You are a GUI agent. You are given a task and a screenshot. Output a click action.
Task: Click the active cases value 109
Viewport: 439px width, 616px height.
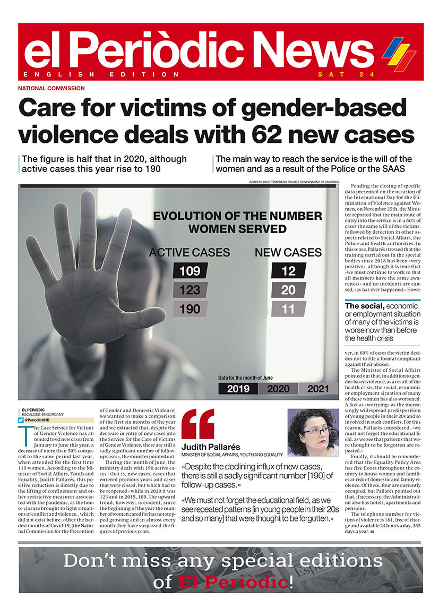click(190, 271)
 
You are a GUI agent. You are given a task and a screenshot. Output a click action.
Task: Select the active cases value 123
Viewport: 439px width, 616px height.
click(190, 290)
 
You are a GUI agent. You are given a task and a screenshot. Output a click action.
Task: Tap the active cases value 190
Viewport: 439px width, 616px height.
click(190, 309)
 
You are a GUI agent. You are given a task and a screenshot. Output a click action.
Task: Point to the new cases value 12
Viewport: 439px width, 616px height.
click(288, 271)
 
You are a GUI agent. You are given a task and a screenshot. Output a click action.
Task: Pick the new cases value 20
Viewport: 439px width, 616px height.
click(288, 290)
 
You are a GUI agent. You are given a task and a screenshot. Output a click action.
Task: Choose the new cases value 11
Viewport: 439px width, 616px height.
click(288, 309)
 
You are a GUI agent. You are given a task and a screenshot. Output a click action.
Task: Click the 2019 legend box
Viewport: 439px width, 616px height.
click(238, 389)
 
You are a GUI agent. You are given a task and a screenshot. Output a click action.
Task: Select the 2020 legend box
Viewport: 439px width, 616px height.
click(278, 389)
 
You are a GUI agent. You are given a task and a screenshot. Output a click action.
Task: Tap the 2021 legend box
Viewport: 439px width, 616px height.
click(317, 389)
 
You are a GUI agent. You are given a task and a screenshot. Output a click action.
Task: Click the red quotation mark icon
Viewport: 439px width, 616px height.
click(197, 424)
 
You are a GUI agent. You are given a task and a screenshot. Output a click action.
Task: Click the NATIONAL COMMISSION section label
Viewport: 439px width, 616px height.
click(51, 88)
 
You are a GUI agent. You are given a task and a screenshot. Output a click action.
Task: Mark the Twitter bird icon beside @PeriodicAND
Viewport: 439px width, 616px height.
click(20, 420)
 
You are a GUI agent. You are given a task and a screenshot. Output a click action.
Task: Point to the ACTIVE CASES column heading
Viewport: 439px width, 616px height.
click(190, 252)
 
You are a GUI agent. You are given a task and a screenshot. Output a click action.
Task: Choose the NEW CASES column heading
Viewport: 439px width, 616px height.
click(288, 252)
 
